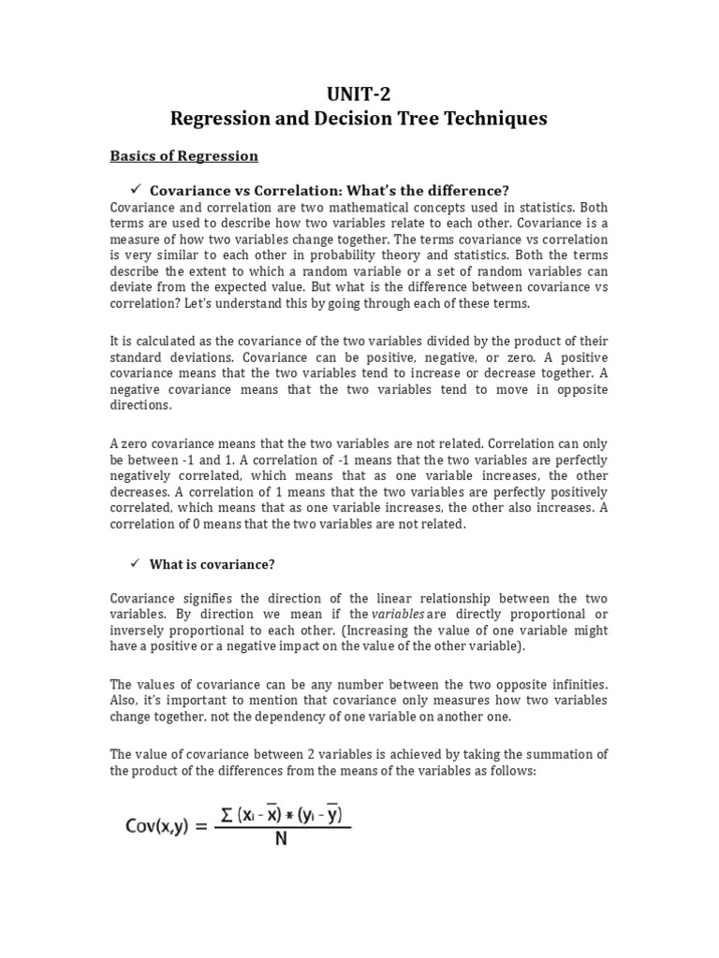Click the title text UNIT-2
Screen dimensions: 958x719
(359, 93)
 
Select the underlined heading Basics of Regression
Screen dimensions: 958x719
(184, 155)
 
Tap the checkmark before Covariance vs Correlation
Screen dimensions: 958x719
(134, 190)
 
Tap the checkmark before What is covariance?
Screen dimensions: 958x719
(134, 563)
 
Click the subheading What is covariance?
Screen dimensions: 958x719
(213, 564)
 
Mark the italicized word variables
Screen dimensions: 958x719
(399, 614)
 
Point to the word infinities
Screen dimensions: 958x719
(575, 684)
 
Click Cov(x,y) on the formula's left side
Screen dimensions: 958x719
(162, 826)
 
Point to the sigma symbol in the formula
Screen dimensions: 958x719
(225, 814)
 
